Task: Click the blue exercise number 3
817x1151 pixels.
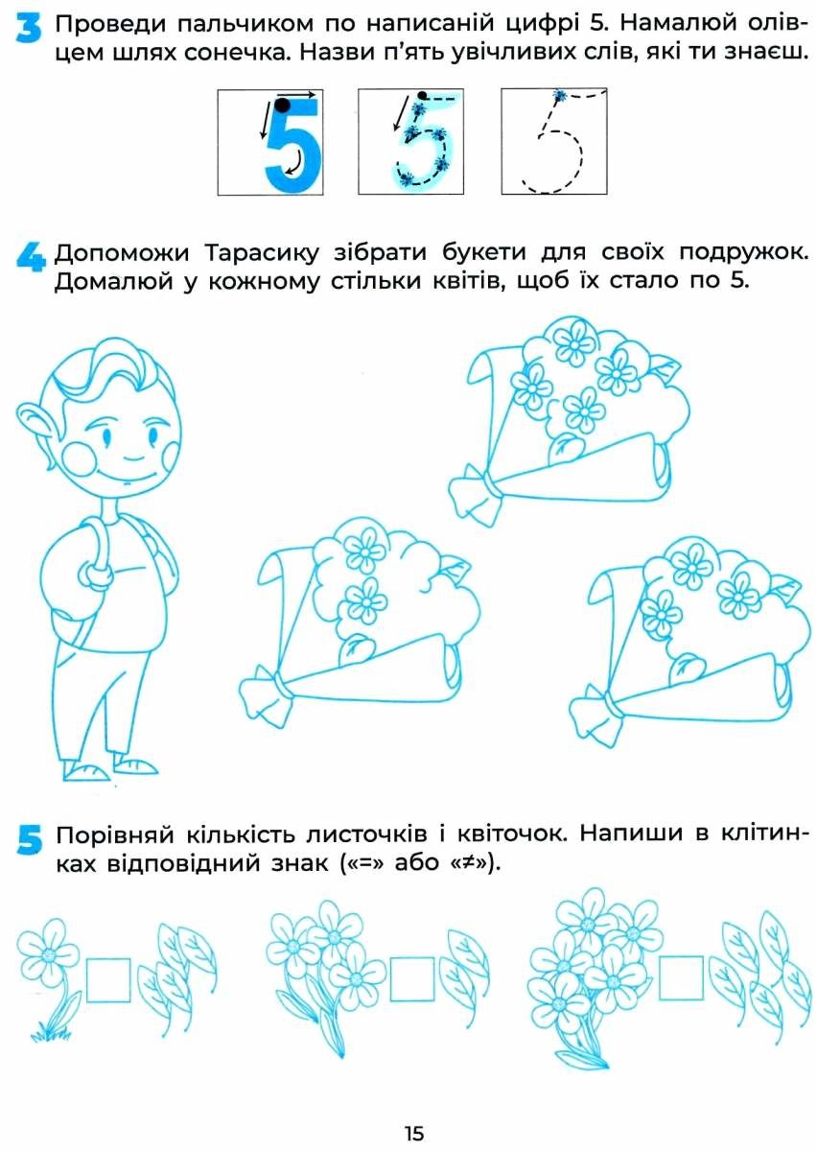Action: [28, 30]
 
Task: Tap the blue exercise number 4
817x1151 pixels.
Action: [30, 257]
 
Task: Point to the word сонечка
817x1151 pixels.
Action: [235, 53]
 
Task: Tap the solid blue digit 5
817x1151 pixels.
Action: [292, 147]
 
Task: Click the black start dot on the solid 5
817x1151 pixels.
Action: [282, 105]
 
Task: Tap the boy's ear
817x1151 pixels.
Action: [37, 421]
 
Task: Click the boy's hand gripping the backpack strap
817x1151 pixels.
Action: [95, 575]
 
